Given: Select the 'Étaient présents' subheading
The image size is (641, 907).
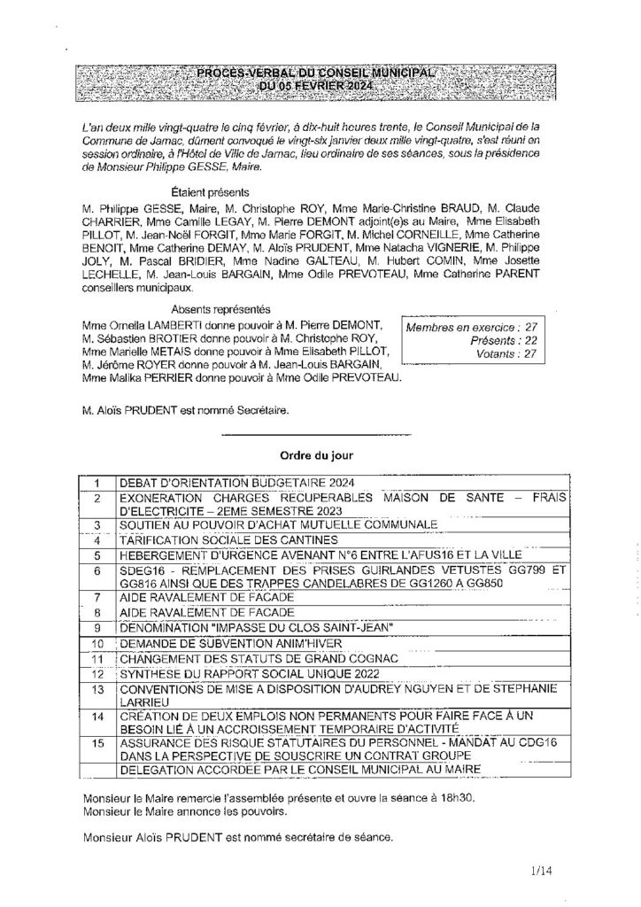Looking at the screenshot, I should pos(208,191).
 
